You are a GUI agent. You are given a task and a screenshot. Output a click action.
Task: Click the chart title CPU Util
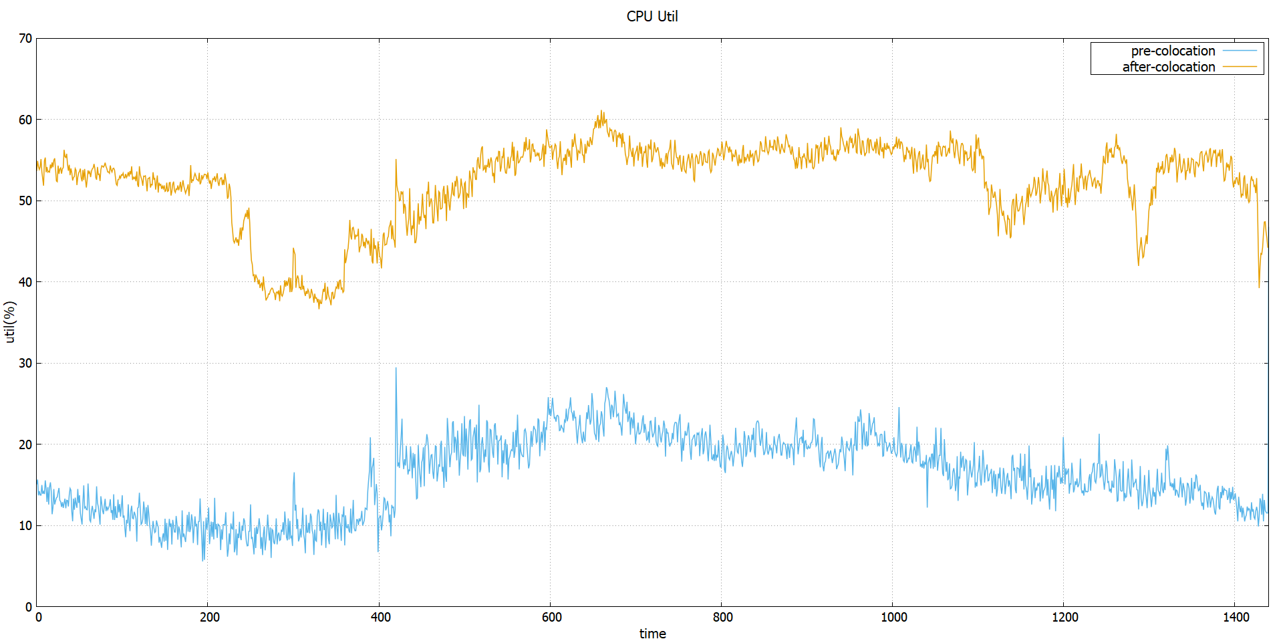tap(652, 16)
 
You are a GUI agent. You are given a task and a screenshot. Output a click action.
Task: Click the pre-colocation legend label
tap(1173, 51)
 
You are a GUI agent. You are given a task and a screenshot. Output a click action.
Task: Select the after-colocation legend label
tap(1168, 67)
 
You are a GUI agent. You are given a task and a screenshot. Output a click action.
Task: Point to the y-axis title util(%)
tap(9, 322)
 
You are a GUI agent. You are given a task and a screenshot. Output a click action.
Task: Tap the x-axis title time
tap(652, 634)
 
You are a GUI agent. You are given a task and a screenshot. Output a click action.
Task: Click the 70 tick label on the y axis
tap(25, 38)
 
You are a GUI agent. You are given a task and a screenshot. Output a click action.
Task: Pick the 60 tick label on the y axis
tap(25, 120)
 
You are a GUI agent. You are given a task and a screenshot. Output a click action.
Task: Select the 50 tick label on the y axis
tap(25, 201)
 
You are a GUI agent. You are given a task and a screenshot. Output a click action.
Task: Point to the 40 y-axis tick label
tap(25, 282)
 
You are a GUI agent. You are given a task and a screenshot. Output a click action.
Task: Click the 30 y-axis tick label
tap(25, 363)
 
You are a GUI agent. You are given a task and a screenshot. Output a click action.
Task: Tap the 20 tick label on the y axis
tap(25, 444)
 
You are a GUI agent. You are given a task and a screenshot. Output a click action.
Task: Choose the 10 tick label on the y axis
tap(25, 525)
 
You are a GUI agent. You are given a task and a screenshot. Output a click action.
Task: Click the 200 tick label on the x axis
tap(209, 617)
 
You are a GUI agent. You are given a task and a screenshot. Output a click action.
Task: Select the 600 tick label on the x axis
tap(551, 617)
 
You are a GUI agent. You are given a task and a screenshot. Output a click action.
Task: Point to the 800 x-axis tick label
tap(722, 617)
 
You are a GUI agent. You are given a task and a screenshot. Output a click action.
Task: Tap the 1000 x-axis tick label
tap(893, 617)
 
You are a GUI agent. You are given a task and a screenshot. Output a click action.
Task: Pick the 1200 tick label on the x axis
tap(1064, 617)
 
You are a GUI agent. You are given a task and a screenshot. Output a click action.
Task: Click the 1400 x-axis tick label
tap(1236, 617)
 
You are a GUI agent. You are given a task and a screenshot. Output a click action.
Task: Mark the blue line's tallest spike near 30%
tap(396, 368)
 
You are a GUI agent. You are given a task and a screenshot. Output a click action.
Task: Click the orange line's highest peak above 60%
tap(601, 112)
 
